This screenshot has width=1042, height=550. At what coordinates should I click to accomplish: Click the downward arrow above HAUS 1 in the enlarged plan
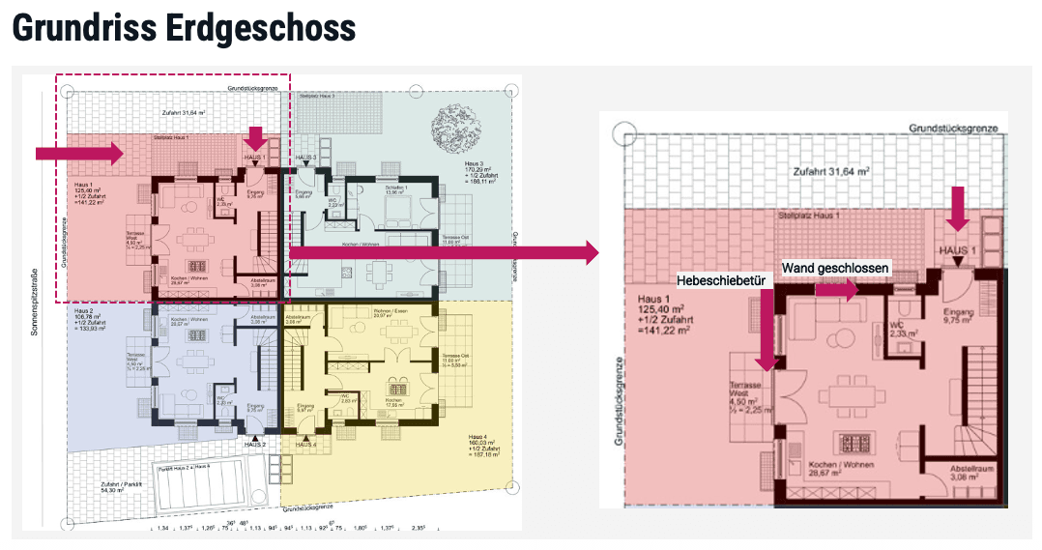957,211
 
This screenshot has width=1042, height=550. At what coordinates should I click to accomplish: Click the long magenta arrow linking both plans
445,253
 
